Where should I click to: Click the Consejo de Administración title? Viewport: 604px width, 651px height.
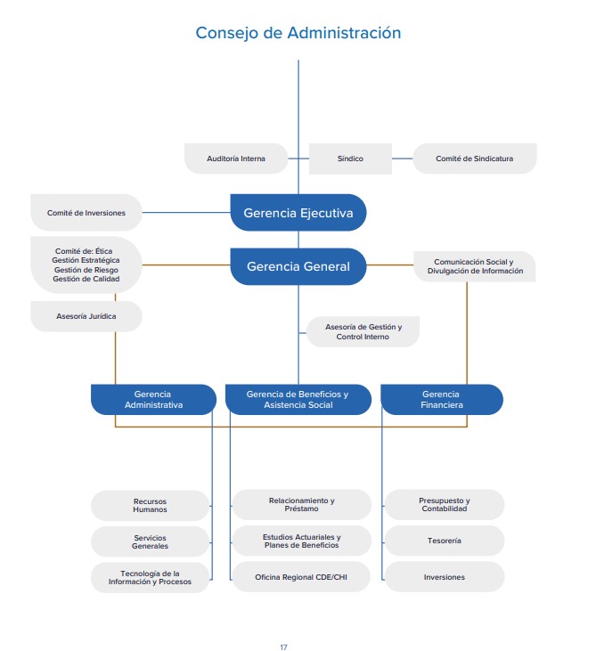pyautogui.click(x=298, y=33)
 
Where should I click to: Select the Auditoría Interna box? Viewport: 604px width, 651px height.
pyautogui.click(x=236, y=159)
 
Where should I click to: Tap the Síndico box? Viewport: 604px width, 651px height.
pyautogui.click(x=350, y=159)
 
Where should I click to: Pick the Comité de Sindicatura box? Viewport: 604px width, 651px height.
pyautogui.click(x=474, y=159)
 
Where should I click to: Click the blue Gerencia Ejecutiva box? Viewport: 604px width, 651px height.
pyautogui.click(x=298, y=213)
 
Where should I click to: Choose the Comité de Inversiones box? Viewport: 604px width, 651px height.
pyautogui.click(x=86, y=213)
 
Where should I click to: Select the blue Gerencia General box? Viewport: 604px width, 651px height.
pyautogui.click(x=298, y=266)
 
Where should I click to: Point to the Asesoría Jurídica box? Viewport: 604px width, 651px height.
pyautogui.click(x=86, y=316)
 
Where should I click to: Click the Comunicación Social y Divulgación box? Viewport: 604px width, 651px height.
pyautogui.click(x=474, y=266)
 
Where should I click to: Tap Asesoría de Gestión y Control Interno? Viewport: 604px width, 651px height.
pyautogui.click(x=363, y=332)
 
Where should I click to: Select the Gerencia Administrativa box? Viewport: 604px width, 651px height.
pyautogui.click(x=153, y=399)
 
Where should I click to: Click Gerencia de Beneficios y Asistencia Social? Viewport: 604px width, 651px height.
pyautogui.click(x=298, y=399)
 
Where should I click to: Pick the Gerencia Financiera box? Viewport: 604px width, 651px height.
pyautogui.click(x=441, y=399)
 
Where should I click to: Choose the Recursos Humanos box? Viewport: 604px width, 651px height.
pyautogui.click(x=150, y=505)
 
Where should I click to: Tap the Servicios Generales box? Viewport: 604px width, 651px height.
pyautogui.click(x=150, y=541)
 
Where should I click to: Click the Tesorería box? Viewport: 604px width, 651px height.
pyautogui.click(x=444, y=541)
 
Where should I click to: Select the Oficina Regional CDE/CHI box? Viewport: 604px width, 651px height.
pyautogui.click(x=300, y=577)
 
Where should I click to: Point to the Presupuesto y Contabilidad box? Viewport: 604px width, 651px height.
pyautogui.click(x=444, y=505)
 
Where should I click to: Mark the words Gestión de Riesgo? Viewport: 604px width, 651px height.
pyautogui.click(x=86, y=269)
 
